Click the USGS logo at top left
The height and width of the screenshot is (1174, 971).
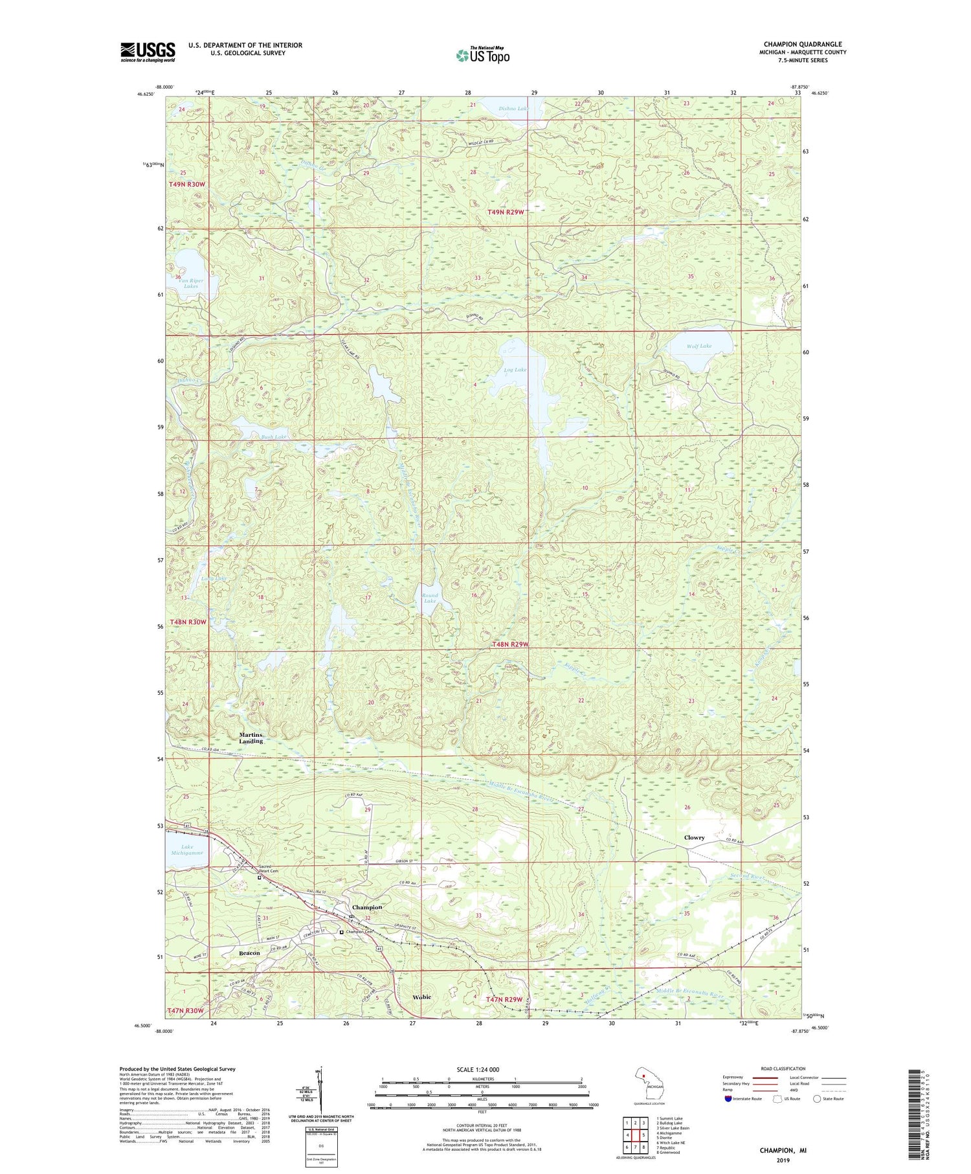click(148, 52)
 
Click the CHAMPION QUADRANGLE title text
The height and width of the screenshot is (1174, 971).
click(802, 45)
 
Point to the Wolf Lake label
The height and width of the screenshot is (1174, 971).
click(699, 346)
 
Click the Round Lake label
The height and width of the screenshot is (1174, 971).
click(430, 598)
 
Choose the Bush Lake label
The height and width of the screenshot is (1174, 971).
click(256, 437)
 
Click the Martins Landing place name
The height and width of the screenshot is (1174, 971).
click(251, 738)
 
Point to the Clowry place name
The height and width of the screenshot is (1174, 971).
click(694, 837)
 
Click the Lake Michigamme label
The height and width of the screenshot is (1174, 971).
click(187, 850)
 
